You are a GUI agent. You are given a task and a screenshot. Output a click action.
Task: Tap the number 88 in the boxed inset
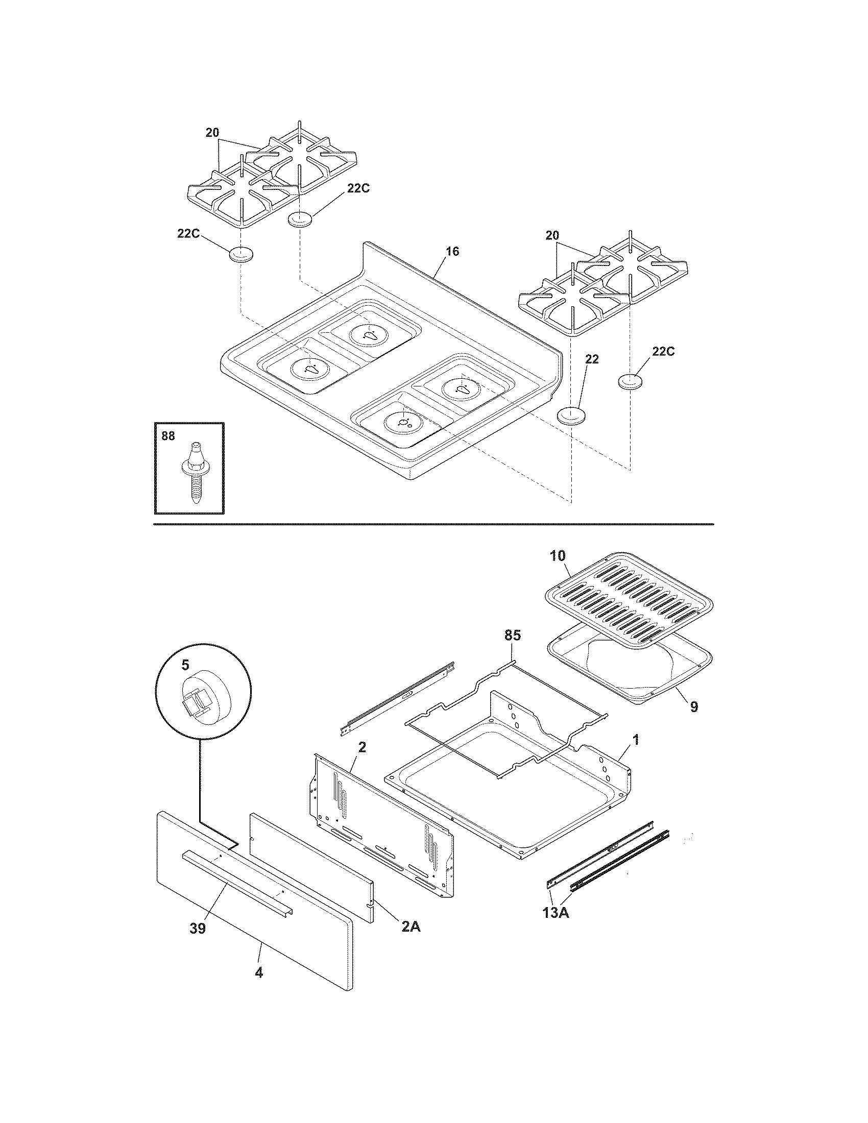168,436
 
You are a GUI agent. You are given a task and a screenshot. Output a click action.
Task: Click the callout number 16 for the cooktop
452,252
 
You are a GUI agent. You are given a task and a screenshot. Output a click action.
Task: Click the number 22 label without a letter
592,359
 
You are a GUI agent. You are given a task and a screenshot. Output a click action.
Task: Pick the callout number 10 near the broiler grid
558,556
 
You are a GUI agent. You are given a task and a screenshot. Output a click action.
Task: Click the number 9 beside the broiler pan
694,707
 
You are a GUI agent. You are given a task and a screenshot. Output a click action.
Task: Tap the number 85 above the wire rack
512,636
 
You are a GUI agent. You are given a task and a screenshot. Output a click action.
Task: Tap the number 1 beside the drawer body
636,740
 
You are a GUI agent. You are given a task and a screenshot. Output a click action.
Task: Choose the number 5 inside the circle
185,665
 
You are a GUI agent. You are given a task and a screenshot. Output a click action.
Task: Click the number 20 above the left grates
212,133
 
